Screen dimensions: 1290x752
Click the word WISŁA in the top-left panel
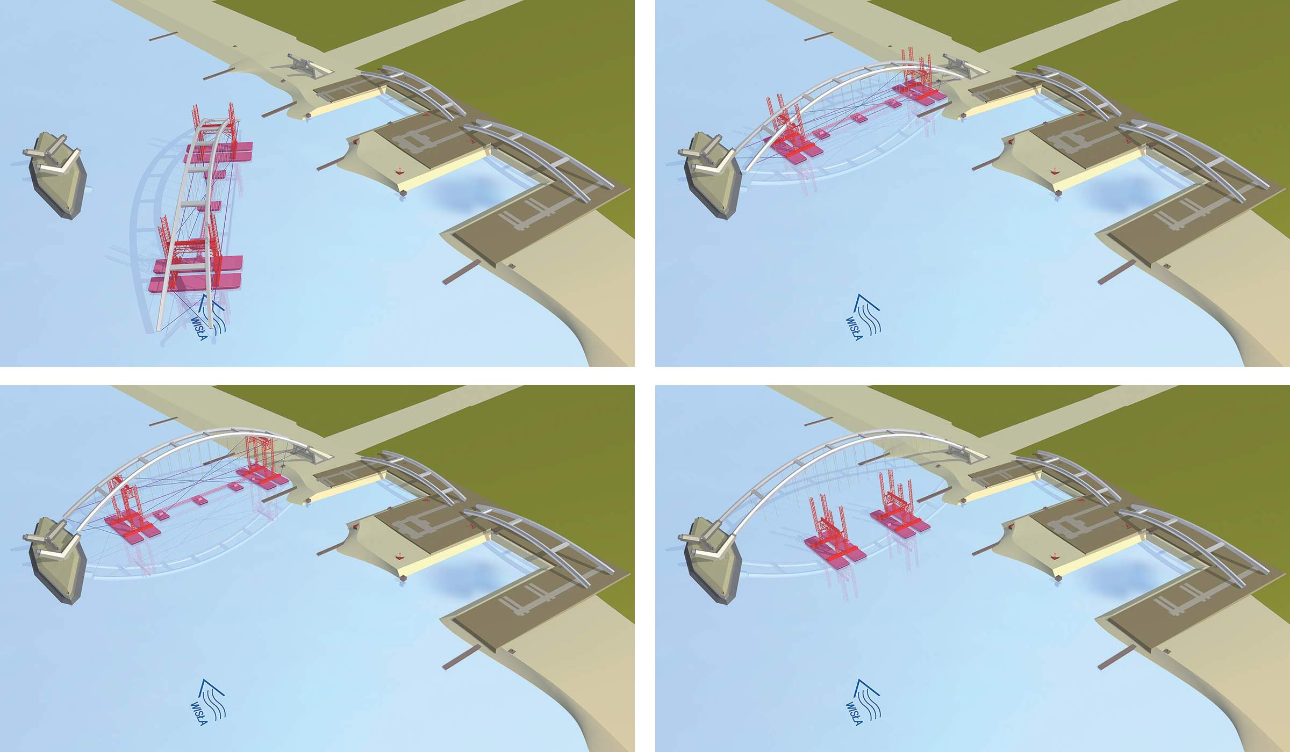(x=199, y=329)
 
